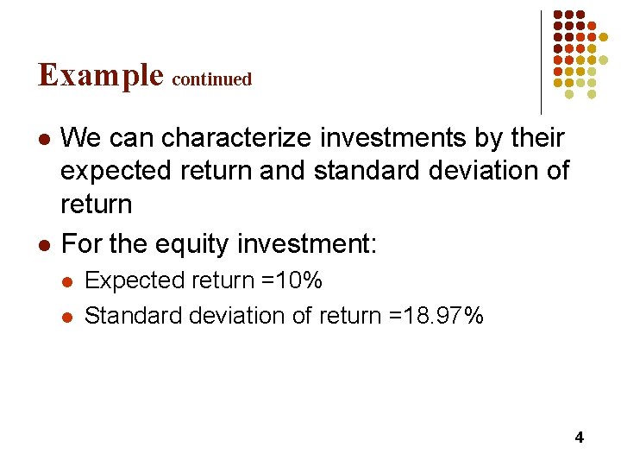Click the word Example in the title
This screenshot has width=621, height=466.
pos(100,76)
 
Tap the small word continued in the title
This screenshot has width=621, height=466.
pos(212,79)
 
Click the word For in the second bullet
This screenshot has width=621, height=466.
pos(82,244)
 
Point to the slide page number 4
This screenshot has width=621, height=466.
pos(579,438)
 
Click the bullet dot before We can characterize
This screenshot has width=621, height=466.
pos(45,139)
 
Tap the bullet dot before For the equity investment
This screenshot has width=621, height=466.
pos(45,246)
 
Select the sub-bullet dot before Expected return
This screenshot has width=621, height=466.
pos(69,282)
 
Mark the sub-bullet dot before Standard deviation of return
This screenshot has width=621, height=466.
pos(69,318)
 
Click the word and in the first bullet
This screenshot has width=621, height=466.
pos(283,171)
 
